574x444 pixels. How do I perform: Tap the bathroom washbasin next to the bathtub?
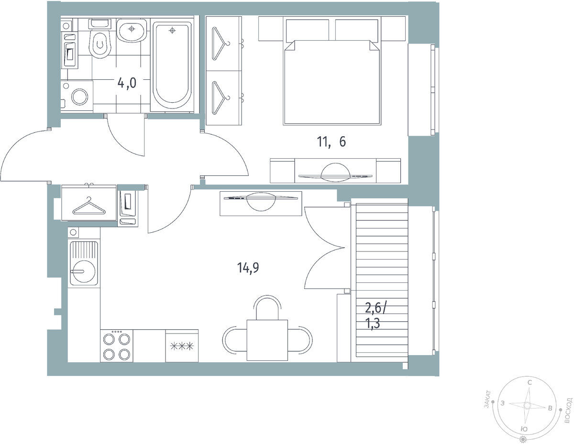[x=132, y=30]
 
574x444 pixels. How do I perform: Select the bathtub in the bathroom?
[x=172, y=65]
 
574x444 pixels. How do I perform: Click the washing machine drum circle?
[x=80, y=97]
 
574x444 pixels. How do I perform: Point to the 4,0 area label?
[x=127, y=83]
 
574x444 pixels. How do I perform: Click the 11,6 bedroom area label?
[x=331, y=142]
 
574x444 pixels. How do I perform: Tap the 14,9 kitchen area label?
[x=248, y=268]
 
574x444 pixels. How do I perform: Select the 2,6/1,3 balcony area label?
[x=375, y=316]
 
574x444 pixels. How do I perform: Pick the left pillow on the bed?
[x=308, y=30]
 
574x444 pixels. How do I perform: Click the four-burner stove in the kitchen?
[x=117, y=346]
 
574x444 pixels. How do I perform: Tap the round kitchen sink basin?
[x=84, y=271]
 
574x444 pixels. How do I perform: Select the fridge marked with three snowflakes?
[x=182, y=346]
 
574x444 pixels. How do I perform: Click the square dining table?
[x=267, y=340]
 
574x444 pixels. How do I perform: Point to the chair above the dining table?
[x=267, y=307]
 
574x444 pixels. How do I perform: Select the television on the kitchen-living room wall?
[x=261, y=201]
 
